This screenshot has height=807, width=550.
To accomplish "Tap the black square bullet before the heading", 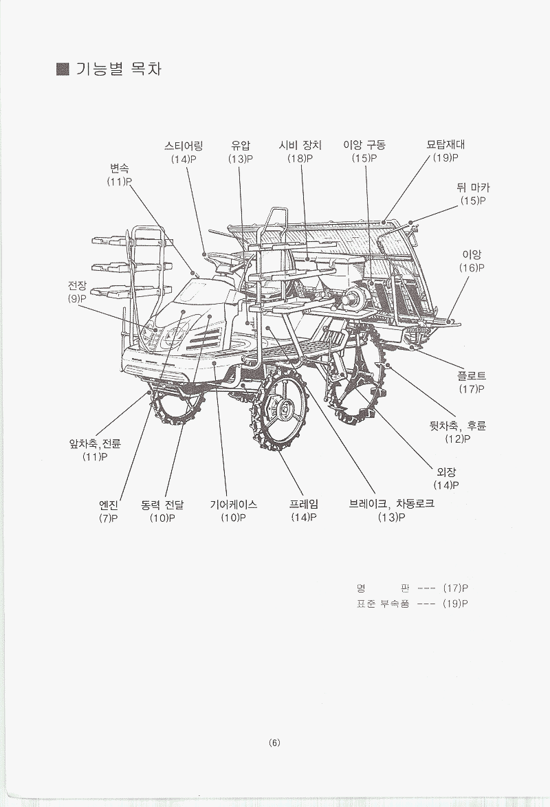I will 63,69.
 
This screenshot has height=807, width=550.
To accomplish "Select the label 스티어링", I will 184,146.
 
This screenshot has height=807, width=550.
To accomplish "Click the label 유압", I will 240,146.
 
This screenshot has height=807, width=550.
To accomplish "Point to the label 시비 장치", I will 300,146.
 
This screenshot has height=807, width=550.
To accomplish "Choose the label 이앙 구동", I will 364,146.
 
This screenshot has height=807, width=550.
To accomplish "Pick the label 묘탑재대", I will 445,145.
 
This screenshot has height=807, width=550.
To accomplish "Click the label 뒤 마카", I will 473,188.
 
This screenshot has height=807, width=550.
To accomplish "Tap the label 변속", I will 119,168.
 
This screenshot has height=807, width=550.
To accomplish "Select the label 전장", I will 77,285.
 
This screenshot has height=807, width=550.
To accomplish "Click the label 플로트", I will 472,376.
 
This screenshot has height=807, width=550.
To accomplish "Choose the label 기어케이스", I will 234,505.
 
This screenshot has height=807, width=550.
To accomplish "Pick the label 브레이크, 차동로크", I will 391,504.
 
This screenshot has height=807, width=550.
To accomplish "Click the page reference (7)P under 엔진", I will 109,518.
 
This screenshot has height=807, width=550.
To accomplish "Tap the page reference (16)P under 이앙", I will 472,268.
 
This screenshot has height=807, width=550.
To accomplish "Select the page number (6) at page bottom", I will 274,742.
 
